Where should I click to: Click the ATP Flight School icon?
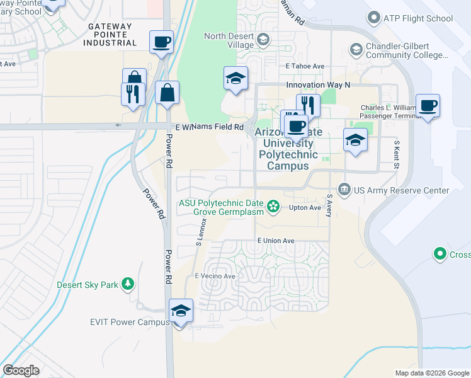375,18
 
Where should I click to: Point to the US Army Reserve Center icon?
344,188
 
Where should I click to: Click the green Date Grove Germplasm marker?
273,205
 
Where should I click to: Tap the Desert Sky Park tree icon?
128,284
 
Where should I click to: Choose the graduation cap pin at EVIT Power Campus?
181,311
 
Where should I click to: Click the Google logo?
21,370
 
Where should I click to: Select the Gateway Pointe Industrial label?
110,35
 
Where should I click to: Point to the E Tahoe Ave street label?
305,66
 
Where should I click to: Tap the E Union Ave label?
276,241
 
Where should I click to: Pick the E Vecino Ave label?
215,276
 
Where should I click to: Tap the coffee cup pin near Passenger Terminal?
428,106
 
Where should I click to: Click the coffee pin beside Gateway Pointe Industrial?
161,42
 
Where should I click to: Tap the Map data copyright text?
432,373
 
